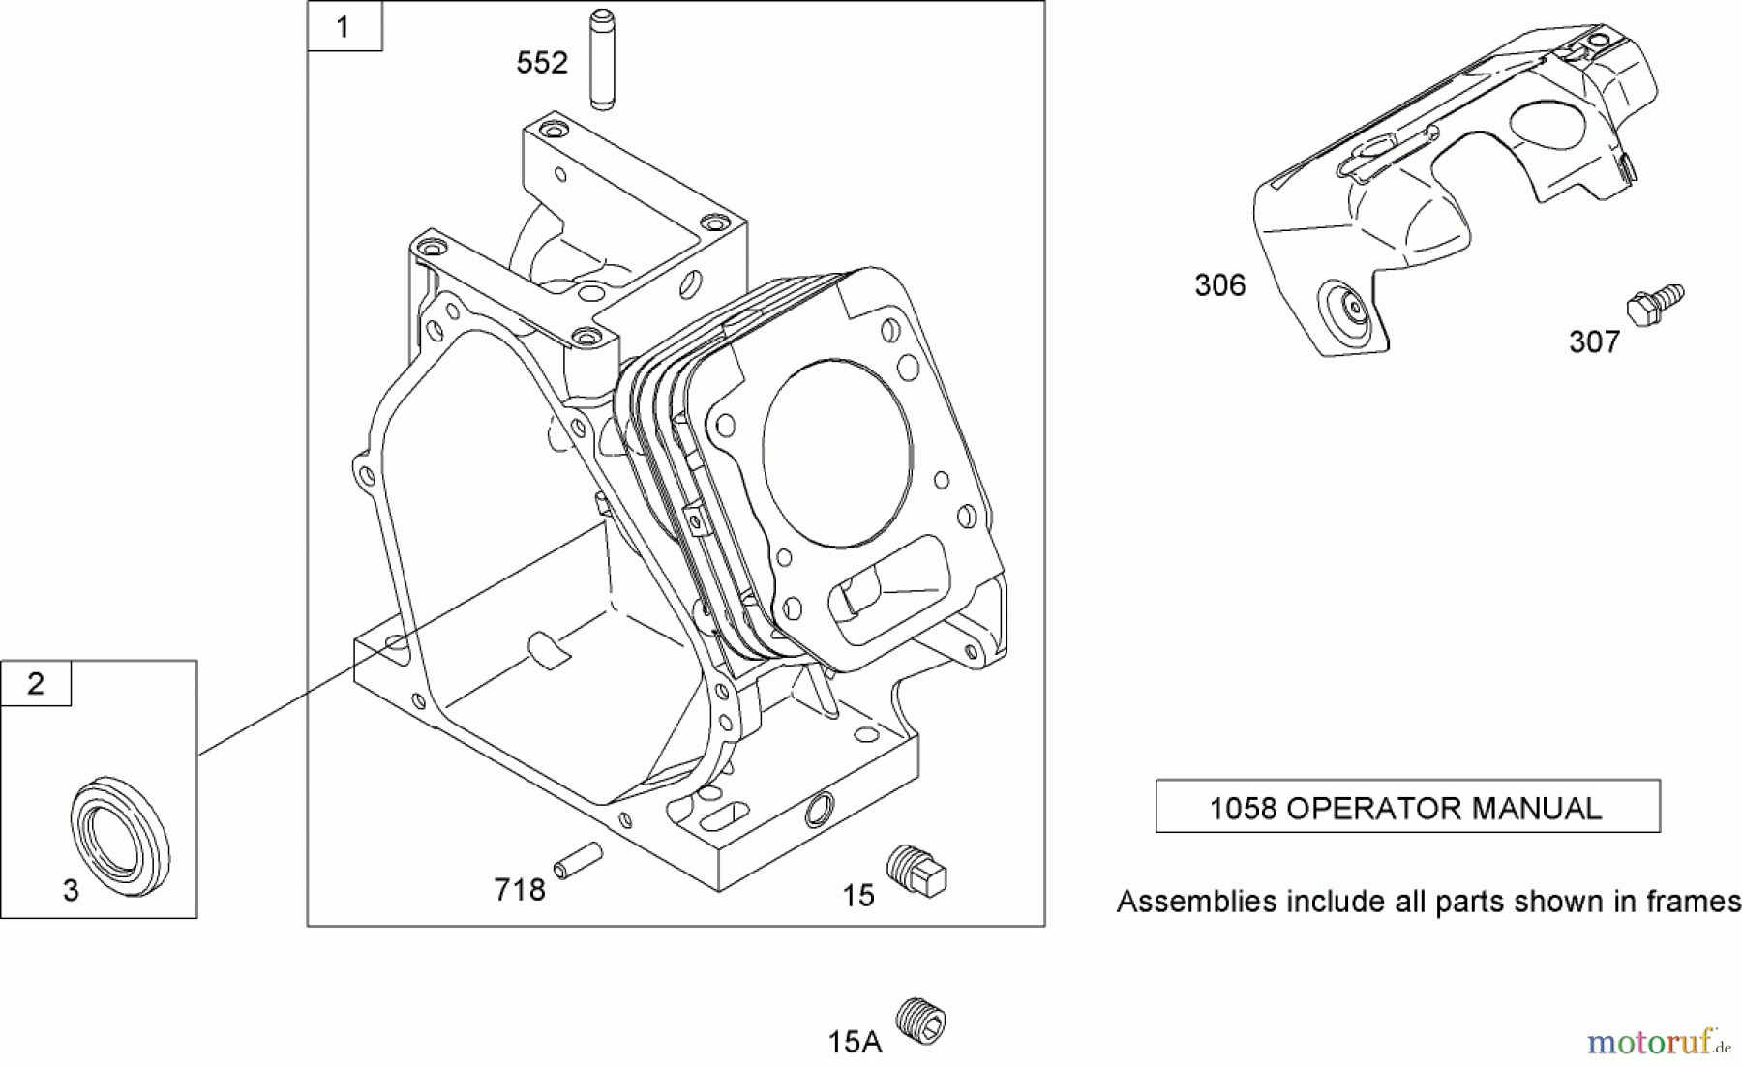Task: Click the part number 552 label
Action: (x=542, y=63)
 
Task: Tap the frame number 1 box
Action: (x=344, y=27)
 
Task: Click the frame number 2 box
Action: (x=36, y=684)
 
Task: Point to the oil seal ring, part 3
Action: (x=121, y=827)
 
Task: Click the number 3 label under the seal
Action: (x=71, y=890)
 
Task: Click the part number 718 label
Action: (x=520, y=890)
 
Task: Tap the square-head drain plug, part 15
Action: (x=916, y=870)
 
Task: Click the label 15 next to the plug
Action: (x=857, y=896)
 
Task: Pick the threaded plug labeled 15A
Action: (x=920, y=1021)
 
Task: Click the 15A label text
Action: (x=855, y=1042)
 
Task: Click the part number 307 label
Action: (x=1594, y=341)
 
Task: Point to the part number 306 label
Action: (x=1219, y=285)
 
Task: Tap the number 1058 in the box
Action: (x=1243, y=808)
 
